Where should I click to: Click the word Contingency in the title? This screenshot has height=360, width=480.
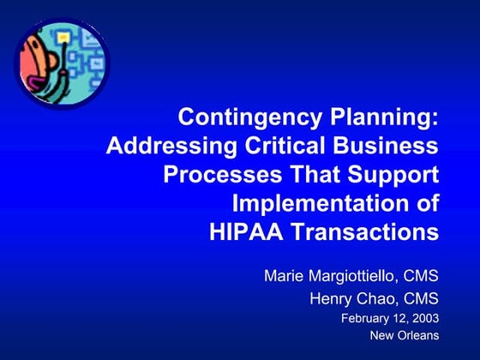pos(239,117)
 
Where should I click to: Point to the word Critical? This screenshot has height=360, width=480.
pos(283,147)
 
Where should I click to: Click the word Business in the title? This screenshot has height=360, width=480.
pos(387,147)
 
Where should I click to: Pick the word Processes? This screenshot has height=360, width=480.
pos(212,175)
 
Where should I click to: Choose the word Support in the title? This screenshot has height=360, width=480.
pos(395,175)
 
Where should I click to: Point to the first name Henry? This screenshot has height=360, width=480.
pos(330,299)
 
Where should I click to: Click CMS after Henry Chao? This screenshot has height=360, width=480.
pos(422,299)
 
